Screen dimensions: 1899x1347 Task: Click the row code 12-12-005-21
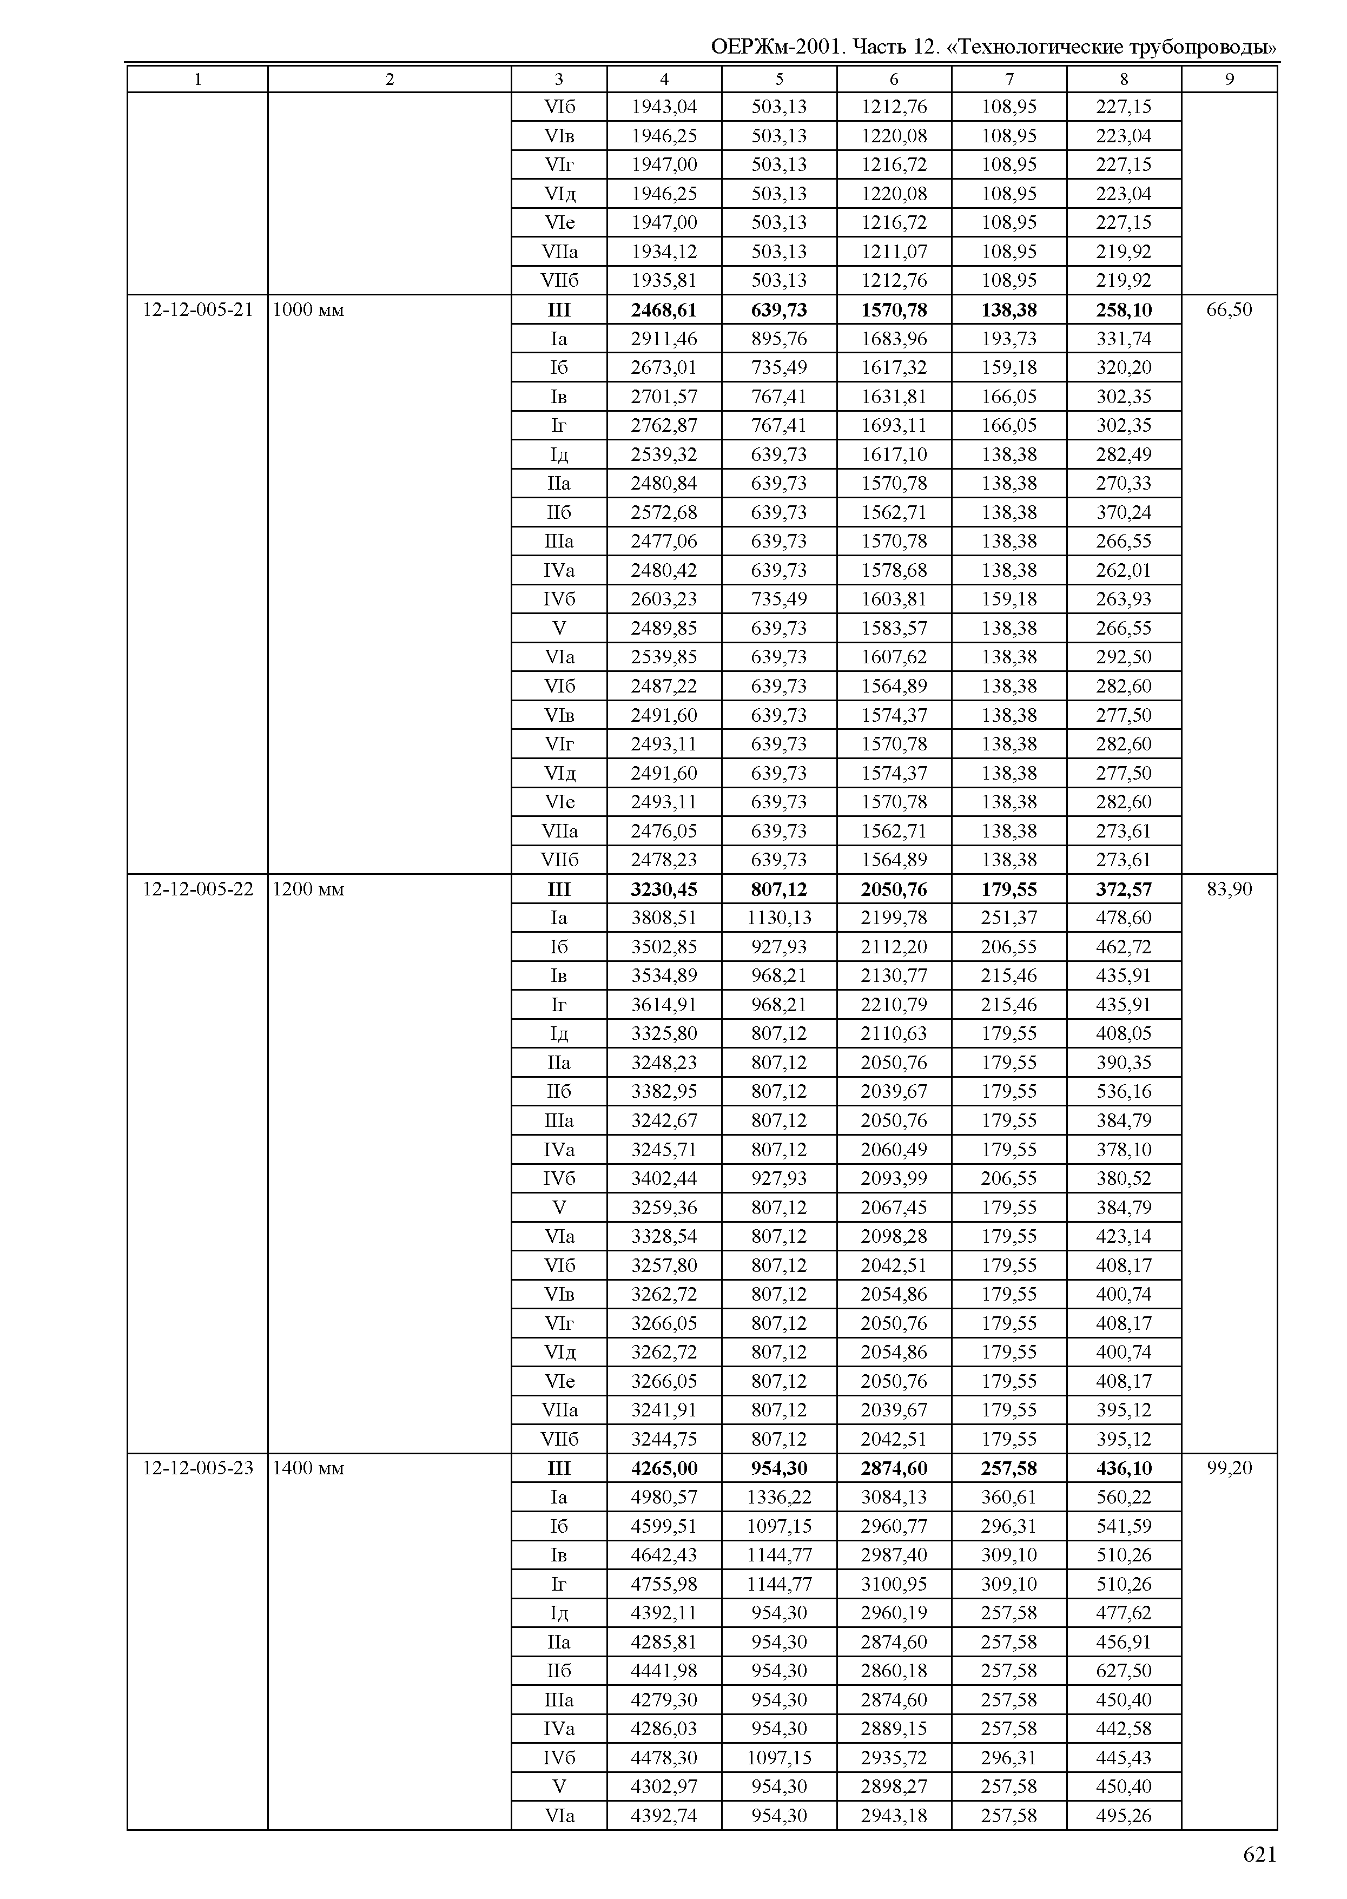point(197,310)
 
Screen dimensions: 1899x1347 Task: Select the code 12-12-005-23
point(197,1468)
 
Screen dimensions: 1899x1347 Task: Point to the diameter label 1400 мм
point(308,1468)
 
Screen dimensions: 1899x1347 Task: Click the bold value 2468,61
point(664,310)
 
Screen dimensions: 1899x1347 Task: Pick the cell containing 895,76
point(779,339)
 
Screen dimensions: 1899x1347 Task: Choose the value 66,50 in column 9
point(1229,310)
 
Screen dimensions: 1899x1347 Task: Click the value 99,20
point(1229,1468)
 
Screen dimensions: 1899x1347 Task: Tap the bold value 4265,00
point(664,1468)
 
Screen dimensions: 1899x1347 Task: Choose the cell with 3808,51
point(664,918)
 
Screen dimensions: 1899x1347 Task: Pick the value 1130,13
point(779,918)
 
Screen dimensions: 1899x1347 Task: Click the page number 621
point(1259,1854)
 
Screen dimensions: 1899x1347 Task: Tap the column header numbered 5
point(779,80)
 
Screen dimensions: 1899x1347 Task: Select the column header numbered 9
point(1229,80)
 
